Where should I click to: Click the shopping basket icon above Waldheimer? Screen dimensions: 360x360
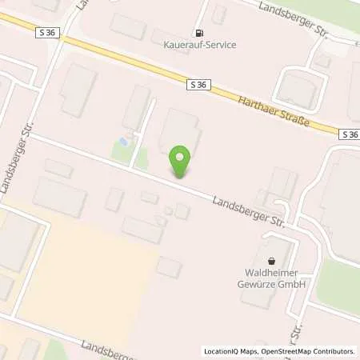271,261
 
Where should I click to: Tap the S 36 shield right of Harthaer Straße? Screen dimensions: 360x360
349,134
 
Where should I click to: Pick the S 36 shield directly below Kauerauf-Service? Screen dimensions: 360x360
199,83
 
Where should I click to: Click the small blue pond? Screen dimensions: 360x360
122,142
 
